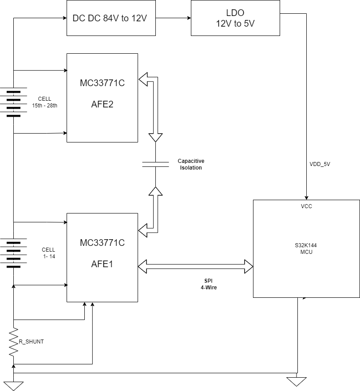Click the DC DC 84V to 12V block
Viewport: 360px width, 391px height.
111,18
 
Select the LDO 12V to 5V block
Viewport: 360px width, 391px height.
235,18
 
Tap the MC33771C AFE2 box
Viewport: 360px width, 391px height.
102,98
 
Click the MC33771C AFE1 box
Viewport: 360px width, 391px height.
102,257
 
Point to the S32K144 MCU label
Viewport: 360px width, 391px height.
306,249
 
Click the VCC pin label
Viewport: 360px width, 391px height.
306,206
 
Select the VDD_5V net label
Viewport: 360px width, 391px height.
320,164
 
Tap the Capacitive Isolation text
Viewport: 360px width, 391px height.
191,164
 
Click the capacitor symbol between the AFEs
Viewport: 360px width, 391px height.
155,164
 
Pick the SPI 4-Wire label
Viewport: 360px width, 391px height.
209,284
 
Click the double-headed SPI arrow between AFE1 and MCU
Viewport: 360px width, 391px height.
195,267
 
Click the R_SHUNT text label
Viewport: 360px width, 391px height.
31,342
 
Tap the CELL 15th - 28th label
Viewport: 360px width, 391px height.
44,102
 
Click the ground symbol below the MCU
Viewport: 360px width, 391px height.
297,381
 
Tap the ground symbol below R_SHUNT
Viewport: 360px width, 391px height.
14,385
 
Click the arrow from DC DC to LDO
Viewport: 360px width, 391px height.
173,18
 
